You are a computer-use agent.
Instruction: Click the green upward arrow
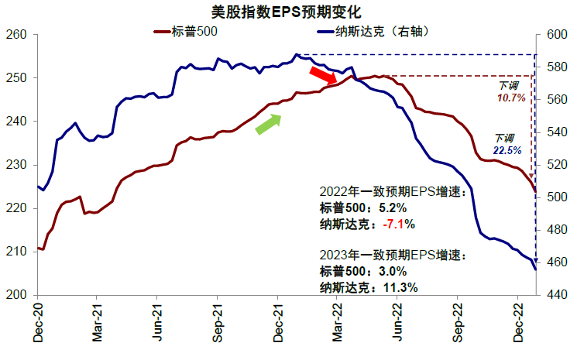coord(268,124)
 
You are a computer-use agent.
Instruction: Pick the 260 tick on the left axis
coord(17,35)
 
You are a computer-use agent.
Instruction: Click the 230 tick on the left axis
coord(17,165)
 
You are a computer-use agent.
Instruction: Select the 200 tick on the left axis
coord(17,295)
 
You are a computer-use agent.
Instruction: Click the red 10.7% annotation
coord(510,98)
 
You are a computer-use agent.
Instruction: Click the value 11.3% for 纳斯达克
coord(400,287)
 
